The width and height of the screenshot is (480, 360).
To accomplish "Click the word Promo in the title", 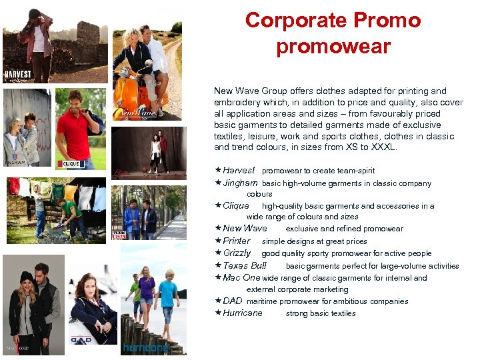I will click(x=387, y=20).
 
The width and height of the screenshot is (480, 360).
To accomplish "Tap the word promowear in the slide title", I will click(x=333, y=47).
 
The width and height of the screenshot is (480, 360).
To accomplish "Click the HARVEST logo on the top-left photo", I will click(x=17, y=75).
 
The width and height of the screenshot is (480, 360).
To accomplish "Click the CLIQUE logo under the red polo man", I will click(x=71, y=163).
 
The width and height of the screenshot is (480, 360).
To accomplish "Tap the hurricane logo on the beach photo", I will click(x=145, y=348).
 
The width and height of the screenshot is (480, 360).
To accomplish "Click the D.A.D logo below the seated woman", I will click(x=82, y=339).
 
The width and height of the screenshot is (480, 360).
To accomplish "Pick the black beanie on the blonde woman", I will click(x=27, y=277).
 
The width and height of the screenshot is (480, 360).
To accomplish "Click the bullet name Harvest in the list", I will click(x=239, y=171).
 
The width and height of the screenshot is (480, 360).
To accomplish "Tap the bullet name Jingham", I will click(x=240, y=183).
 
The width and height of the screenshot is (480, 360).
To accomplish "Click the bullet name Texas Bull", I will click(x=245, y=265).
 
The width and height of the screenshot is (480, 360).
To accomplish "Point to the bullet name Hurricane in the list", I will click(x=243, y=313).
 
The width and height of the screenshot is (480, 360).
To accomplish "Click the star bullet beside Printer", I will click(x=218, y=241).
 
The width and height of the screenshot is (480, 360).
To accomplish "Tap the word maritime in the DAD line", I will click(x=261, y=301).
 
